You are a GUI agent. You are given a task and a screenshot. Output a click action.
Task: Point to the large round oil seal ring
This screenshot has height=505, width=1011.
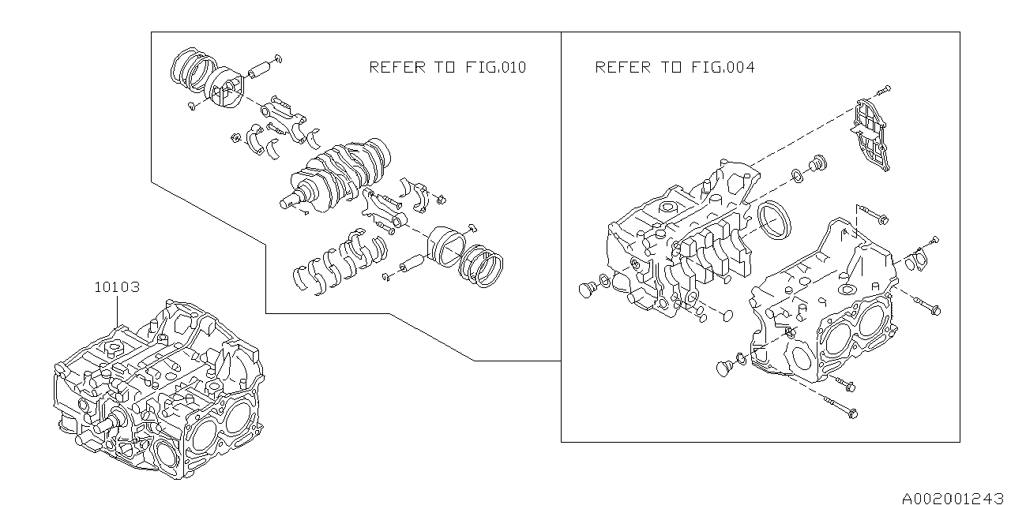tap(772, 219)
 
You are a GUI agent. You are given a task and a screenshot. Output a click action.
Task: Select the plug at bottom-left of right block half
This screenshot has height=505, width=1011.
tap(724, 366)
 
